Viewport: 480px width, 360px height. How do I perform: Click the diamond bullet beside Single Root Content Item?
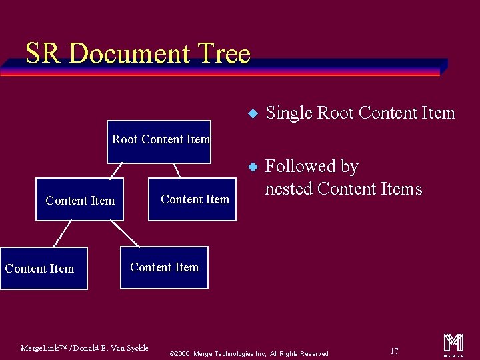tap(251, 113)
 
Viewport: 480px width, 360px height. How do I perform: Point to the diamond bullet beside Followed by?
tap(251, 166)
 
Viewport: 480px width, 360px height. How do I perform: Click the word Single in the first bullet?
tap(289, 113)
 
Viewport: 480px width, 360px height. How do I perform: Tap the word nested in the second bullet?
tap(289, 189)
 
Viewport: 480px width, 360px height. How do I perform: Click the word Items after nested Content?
tap(398, 189)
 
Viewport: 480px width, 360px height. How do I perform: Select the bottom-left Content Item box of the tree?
tap(43, 269)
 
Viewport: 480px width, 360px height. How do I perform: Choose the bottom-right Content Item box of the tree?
tap(164, 268)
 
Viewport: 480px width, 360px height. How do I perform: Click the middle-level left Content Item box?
tap(79, 200)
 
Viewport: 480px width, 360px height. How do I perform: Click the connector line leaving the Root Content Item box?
tap(177, 171)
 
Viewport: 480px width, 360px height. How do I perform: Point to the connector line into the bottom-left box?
tap(62, 234)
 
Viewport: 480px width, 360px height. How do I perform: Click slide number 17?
tap(394, 351)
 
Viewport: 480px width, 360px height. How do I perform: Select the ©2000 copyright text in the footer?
tap(249, 353)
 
